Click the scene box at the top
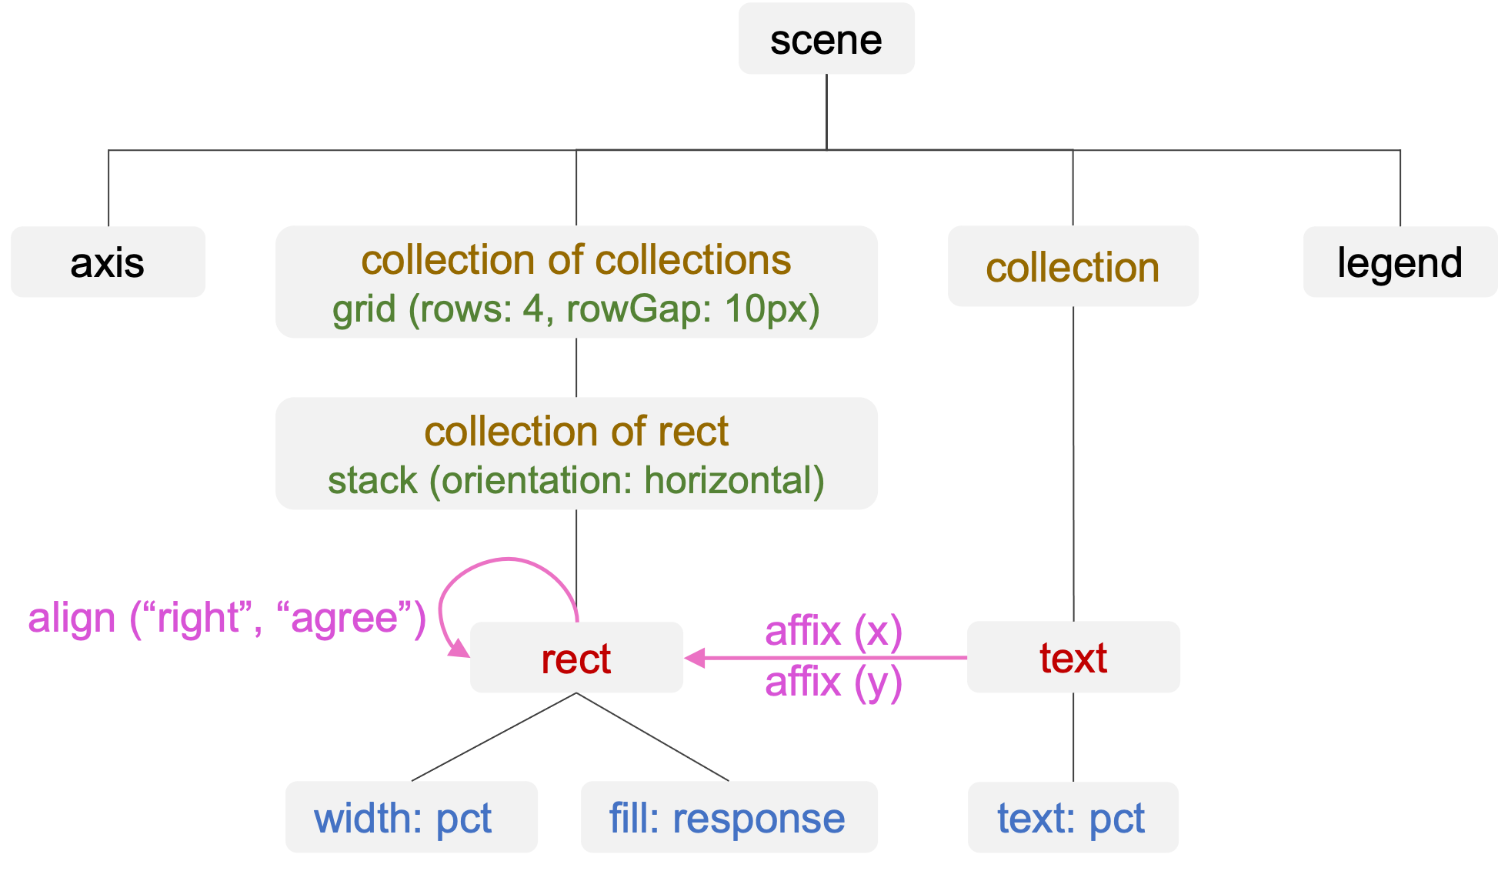pos(826,39)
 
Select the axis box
pos(108,262)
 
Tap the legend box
pos(1400,262)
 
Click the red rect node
pos(576,659)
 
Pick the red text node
pos(1073,658)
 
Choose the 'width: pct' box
pos(411,817)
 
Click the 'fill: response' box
pos(728,817)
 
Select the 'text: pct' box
pos(1072,817)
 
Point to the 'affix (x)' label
pos(833,631)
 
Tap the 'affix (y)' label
pos(833,682)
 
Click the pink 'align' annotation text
pos(227,618)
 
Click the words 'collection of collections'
pos(576,260)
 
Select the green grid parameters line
pos(576,309)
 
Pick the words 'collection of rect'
pos(576,431)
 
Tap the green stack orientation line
pos(576,480)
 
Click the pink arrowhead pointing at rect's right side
pos(695,658)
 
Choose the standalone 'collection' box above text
pos(1073,267)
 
